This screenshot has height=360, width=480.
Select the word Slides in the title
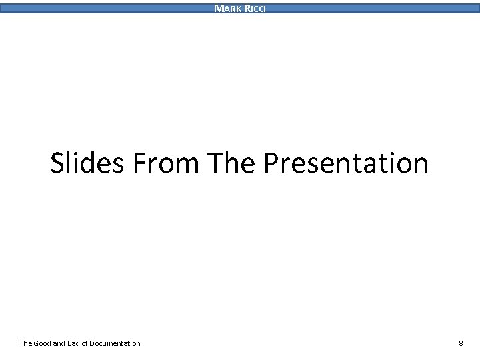click(87, 163)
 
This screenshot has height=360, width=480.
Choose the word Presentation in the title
click(346, 163)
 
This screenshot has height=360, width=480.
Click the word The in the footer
click(25, 343)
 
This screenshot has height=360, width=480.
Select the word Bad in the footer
click(82, 343)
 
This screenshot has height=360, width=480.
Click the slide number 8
click(461, 343)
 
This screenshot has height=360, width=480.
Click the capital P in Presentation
click(272, 163)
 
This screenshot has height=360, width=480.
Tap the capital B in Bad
click(77, 343)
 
